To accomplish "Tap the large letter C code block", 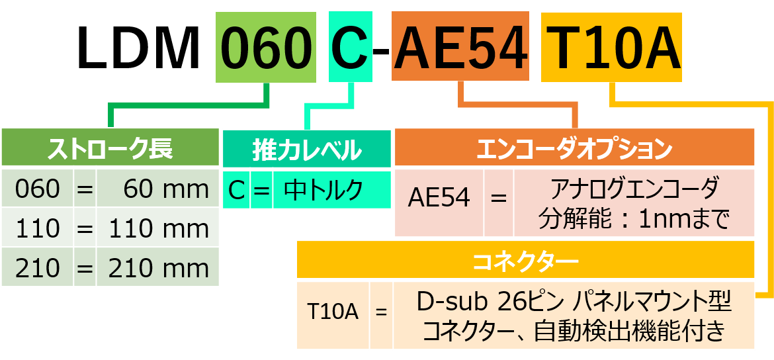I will point(350,47).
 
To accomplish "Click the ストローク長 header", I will point(110,147).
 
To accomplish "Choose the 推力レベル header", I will point(307,150).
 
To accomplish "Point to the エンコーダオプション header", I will point(574,147).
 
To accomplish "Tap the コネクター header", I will point(525,261).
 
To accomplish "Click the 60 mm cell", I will point(158,189).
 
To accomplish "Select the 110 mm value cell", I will point(158,228).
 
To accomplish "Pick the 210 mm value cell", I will point(158,268).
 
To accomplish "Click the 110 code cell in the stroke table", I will point(37,228).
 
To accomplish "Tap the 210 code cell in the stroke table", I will point(37,268).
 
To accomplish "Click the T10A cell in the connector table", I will point(333,312).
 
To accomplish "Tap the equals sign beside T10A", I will point(381,312).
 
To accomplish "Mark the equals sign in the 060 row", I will point(85,189).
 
